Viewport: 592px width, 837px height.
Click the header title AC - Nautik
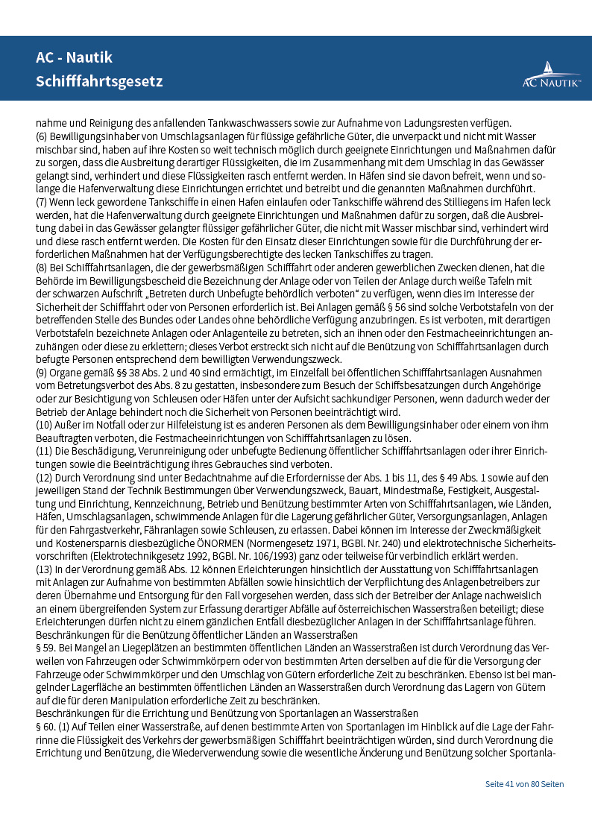pos(74,58)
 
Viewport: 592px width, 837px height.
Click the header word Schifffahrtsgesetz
pos(99,81)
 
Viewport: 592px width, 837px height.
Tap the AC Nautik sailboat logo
pos(551,75)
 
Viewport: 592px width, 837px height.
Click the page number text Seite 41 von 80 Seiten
pos(524,784)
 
